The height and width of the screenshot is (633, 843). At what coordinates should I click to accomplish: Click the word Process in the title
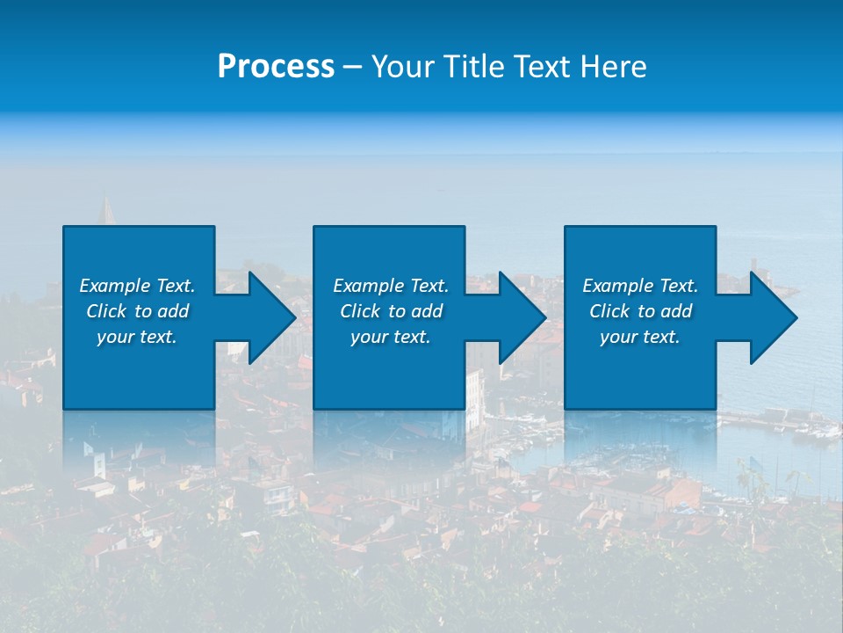coord(276,67)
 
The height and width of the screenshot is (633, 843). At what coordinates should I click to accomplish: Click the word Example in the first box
coord(115,286)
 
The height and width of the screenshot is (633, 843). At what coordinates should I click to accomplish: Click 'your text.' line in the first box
coord(137,337)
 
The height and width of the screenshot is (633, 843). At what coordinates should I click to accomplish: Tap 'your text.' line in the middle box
coord(390,337)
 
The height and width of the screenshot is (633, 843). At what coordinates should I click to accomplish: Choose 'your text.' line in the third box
coord(640,337)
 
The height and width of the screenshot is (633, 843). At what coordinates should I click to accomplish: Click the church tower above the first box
coord(107,211)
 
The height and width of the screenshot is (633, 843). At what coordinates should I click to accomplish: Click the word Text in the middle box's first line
coord(429,286)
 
